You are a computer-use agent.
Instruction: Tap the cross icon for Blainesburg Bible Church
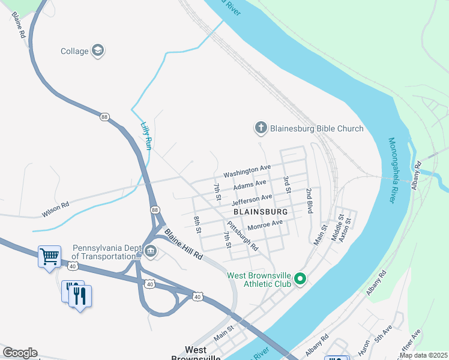[261, 128]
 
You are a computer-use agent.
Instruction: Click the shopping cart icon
[50, 257]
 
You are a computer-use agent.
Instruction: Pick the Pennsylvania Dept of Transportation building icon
[150, 252]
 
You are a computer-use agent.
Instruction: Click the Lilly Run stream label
[146, 136]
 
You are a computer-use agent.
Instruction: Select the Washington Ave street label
[247, 171]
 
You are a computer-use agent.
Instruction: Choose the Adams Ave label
[249, 185]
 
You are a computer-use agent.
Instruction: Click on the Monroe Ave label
[265, 226]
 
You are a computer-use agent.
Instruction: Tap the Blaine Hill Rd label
[184, 245]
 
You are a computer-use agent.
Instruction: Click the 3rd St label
[287, 184]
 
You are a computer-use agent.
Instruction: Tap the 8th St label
[196, 224]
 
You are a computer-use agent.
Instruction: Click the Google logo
[20, 353]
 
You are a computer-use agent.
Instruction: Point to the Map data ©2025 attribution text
[423, 355]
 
